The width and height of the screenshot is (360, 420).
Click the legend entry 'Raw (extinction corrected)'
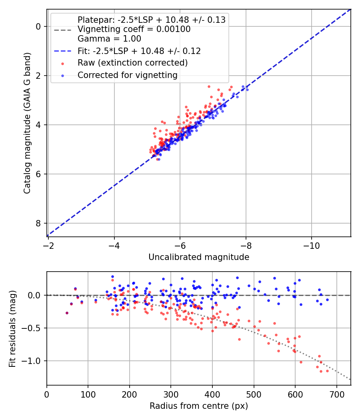[x=132, y=63]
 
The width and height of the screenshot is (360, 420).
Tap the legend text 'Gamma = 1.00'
[x=109, y=39]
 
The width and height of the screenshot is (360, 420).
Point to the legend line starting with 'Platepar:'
[x=151, y=20]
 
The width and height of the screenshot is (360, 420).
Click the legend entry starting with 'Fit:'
[x=139, y=51]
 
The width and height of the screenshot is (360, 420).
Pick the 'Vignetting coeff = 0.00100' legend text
[x=134, y=29]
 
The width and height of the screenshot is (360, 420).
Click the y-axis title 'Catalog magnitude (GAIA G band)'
[x=27, y=123]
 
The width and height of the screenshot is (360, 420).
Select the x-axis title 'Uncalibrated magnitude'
[x=199, y=257]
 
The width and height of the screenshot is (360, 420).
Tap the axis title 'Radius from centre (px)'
[x=199, y=406]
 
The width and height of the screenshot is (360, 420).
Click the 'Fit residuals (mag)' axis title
[x=12, y=329]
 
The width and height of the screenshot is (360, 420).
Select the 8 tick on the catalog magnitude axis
[x=38, y=223]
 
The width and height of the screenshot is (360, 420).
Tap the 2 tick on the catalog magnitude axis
[x=38, y=76]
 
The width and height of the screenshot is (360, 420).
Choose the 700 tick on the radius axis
[x=336, y=394]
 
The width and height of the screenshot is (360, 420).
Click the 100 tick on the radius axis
[x=88, y=394]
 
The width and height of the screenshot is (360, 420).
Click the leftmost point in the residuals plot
[x=67, y=313]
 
